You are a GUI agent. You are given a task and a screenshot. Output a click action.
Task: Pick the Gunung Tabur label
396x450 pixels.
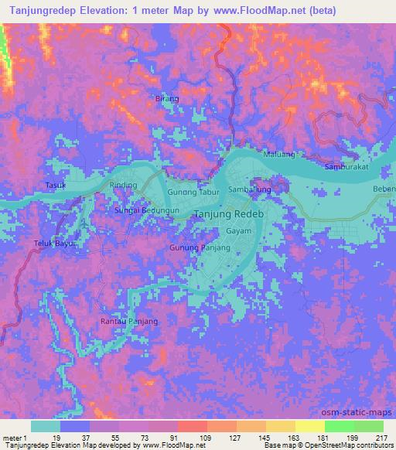(x=194, y=193)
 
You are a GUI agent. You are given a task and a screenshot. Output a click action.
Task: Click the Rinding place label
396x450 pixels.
(x=123, y=186)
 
